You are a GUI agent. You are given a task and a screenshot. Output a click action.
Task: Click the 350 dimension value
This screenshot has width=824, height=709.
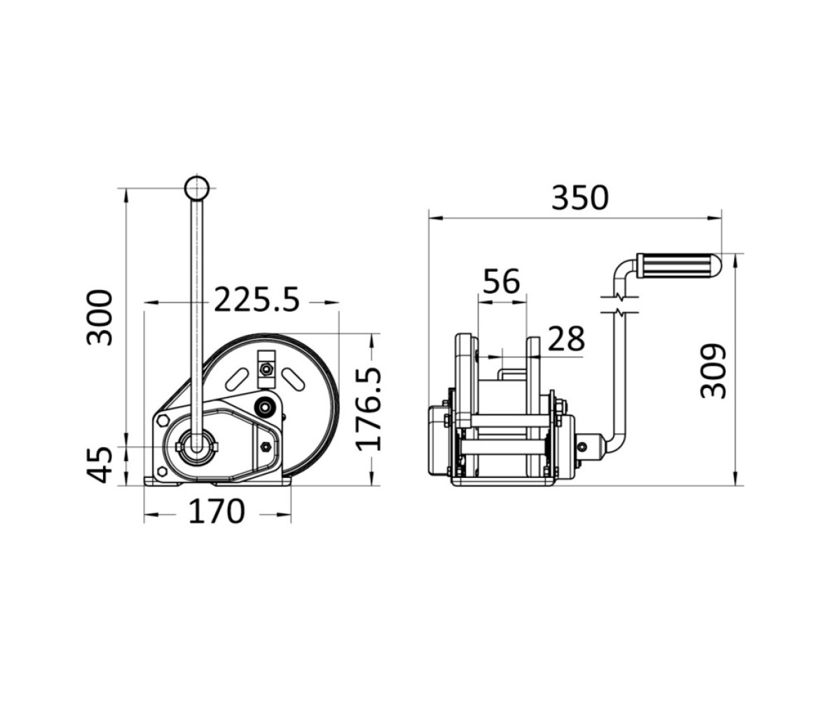click(579, 198)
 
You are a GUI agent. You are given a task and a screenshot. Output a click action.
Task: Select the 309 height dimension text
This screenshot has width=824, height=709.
click(713, 371)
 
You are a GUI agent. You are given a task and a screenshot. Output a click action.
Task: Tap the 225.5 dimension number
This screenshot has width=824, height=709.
click(256, 300)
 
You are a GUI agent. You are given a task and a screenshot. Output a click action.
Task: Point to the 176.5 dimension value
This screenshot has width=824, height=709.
click(369, 409)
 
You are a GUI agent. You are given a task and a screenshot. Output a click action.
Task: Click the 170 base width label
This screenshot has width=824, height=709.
click(217, 511)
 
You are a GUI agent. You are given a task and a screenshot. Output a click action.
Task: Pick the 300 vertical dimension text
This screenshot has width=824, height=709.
click(99, 317)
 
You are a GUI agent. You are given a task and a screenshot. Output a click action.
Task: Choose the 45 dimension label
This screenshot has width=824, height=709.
click(99, 464)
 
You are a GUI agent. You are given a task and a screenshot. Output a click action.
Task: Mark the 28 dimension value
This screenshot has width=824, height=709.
click(566, 338)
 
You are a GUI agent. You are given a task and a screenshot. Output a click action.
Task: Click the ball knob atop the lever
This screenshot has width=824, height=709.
click(196, 188)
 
